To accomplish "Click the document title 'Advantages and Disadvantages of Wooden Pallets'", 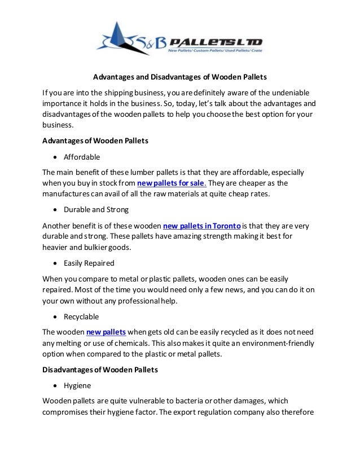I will [180, 78].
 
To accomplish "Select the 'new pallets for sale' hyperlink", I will [172, 183].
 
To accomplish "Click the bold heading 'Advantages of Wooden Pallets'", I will [95, 140].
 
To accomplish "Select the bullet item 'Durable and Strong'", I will [96, 209].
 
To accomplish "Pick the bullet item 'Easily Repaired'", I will [90, 262].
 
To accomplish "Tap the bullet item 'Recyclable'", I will [81, 316].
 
